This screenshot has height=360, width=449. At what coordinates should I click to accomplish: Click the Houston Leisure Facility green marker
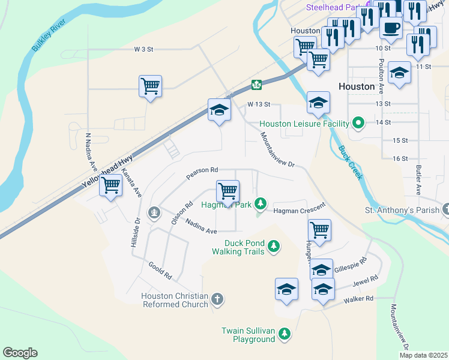tap(359, 124)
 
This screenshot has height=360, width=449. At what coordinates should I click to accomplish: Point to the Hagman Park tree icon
tap(261, 203)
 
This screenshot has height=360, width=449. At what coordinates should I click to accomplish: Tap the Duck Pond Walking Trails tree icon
tap(274, 246)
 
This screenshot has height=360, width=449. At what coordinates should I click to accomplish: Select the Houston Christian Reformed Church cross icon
tap(217, 298)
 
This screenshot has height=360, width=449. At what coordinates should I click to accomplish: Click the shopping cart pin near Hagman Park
tap(228, 192)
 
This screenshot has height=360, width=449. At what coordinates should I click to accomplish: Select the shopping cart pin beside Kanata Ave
tap(111, 187)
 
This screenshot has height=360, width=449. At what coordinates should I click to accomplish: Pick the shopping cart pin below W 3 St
tap(150, 86)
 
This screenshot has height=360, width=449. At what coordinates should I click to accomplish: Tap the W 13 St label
tap(259, 104)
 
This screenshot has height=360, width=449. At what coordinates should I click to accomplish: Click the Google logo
tap(20, 353)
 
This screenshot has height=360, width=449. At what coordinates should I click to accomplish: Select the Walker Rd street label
tap(358, 299)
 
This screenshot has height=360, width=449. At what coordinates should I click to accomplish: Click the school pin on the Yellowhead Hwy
tap(219, 110)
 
